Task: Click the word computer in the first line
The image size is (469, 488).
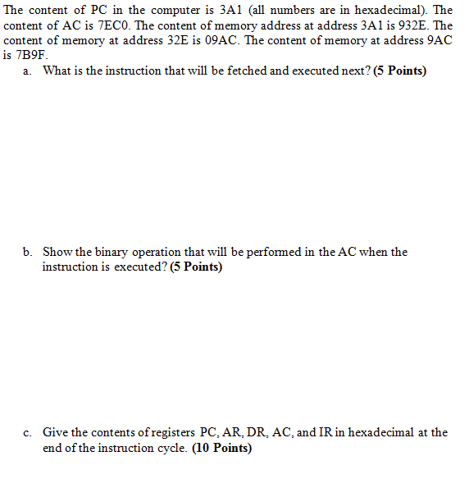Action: pyautogui.click(x=157, y=11)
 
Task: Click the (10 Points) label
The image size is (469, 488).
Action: pyautogui.click(x=221, y=449)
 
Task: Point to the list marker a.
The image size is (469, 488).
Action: pyautogui.click(x=27, y=71)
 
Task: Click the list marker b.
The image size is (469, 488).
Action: pyautogui.click(x=27, y=252)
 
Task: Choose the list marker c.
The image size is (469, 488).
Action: pyautogui.click(x=27, y=432)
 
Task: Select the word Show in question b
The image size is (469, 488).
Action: pyautogui.click(x=57, y=252)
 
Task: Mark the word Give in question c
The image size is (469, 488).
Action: pyautogui.click(x=55, y=432)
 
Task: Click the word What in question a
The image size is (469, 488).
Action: pyautogui.click(x=57, y=71)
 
